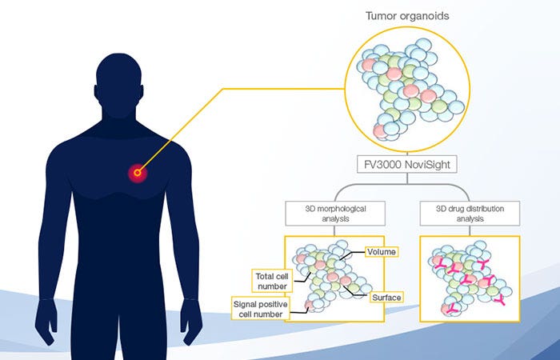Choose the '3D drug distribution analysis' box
(x=469, y=214)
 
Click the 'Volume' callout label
(x=381, y=251)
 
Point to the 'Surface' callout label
(x=385, y=298)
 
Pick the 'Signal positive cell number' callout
(x=260, y=309)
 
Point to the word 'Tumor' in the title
(x=381, y=15)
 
